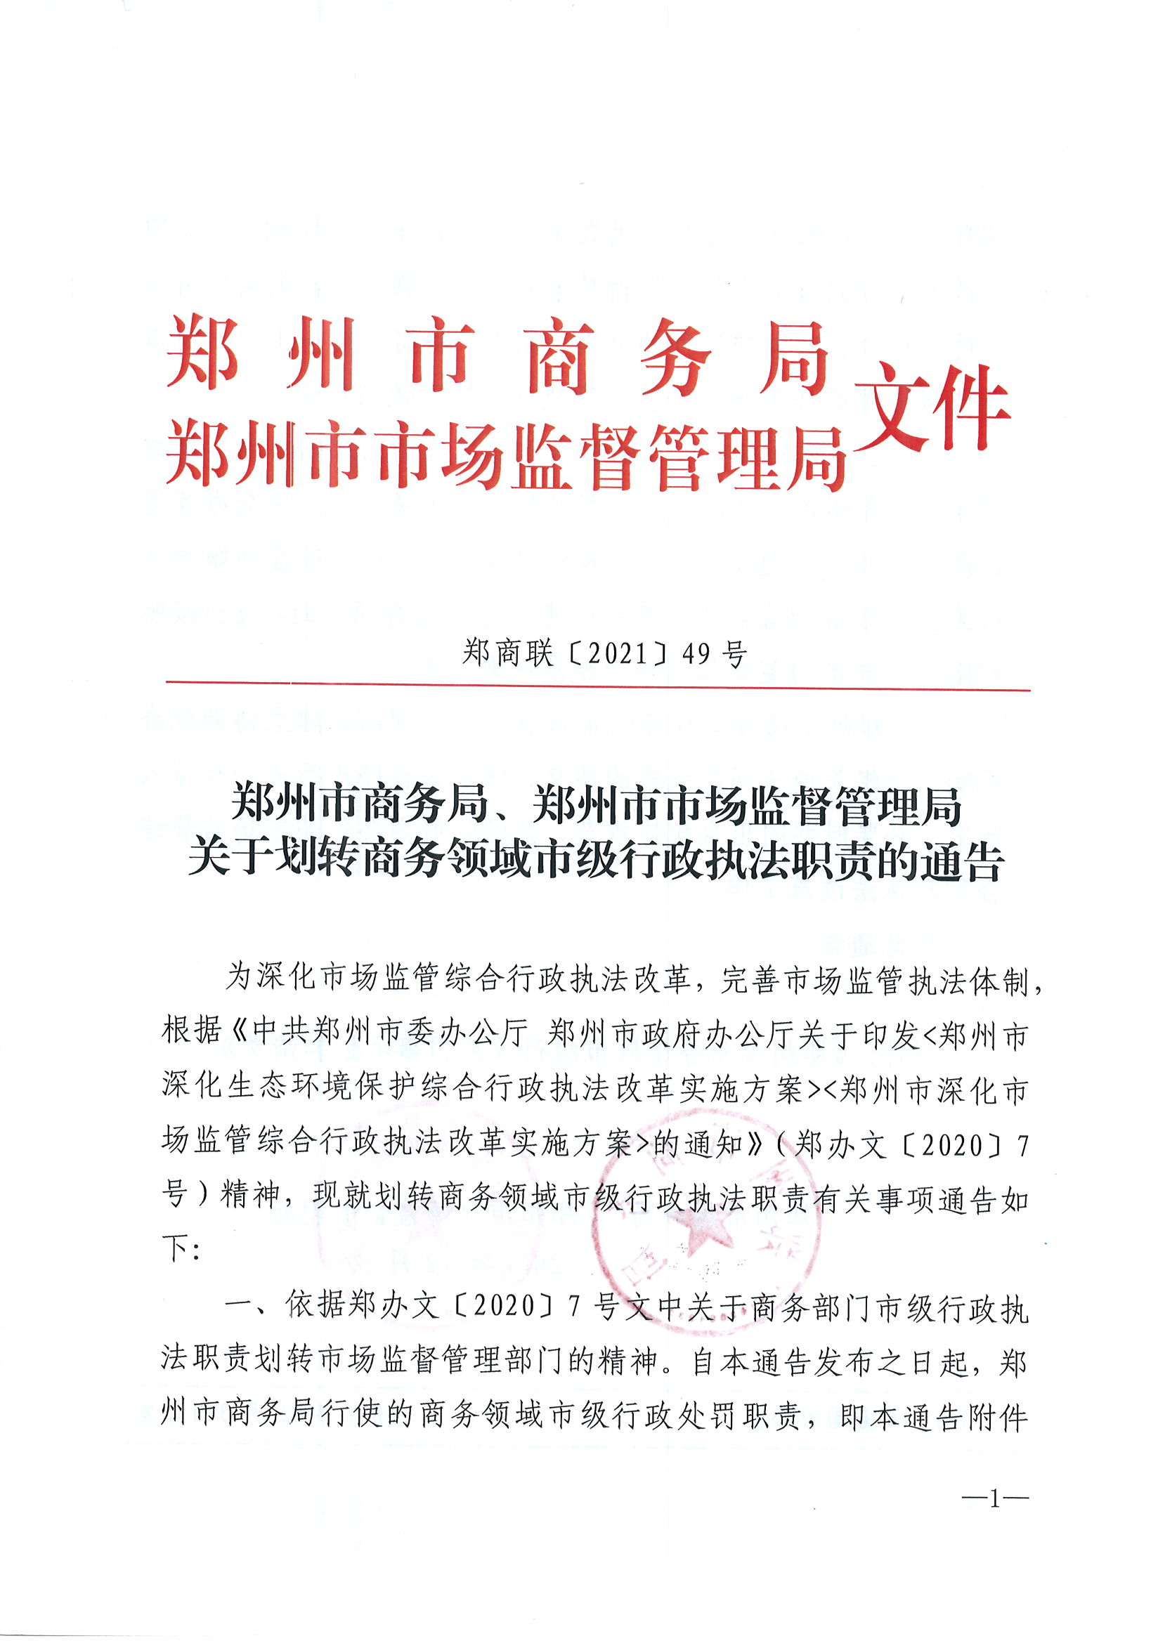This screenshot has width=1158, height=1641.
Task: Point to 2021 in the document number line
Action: coord(616,653)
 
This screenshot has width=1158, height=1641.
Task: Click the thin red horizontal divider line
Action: coord(597,687)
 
